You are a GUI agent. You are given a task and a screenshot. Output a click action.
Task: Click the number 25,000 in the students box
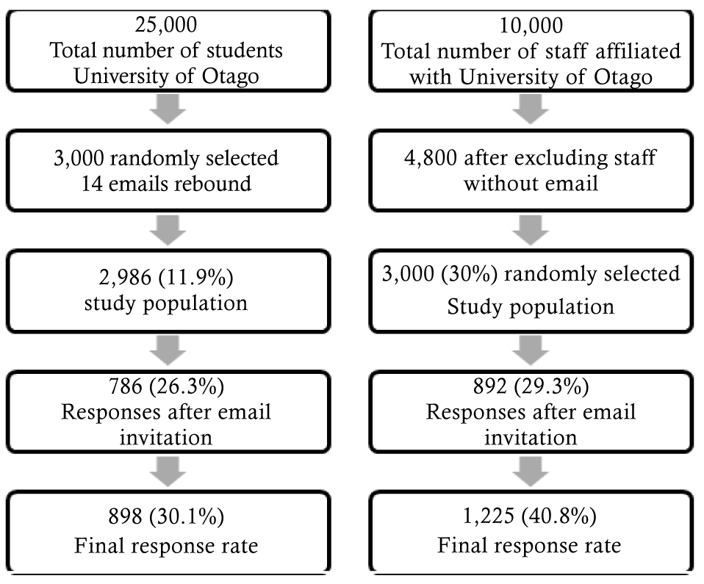tap(165, 25)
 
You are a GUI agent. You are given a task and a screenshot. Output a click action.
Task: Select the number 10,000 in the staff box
tap(531, 26)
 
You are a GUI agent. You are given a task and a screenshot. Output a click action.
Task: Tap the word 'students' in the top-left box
tap(244, 50)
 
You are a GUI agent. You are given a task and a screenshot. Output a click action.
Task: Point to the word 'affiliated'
tap(638, 51)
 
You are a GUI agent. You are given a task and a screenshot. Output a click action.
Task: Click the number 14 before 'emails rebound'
tap(92, 184)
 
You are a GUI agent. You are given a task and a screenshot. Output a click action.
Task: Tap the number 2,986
tap(125, 278)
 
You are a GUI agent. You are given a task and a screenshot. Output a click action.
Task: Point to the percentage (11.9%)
tap(195, 278)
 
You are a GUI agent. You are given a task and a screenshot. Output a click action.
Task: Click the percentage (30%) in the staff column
tap(469, 274)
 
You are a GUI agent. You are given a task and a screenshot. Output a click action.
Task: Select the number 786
tap(126, 386)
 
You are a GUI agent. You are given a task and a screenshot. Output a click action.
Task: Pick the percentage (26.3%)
tap(187, 386)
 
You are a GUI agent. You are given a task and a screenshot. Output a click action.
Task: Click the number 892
tap(490, 386)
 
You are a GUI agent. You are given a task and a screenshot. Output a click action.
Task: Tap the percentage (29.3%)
tap(551, 386)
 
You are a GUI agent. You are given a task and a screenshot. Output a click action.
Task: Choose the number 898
tap(125, 516)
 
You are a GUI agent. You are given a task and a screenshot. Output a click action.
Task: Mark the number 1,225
tap(489, 516)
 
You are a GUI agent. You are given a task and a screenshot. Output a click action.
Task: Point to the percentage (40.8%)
tap(559, 516)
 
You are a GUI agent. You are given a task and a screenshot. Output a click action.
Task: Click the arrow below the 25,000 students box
tap(168, 109)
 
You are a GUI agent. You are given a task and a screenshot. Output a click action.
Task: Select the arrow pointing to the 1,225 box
tap(531, 472)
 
